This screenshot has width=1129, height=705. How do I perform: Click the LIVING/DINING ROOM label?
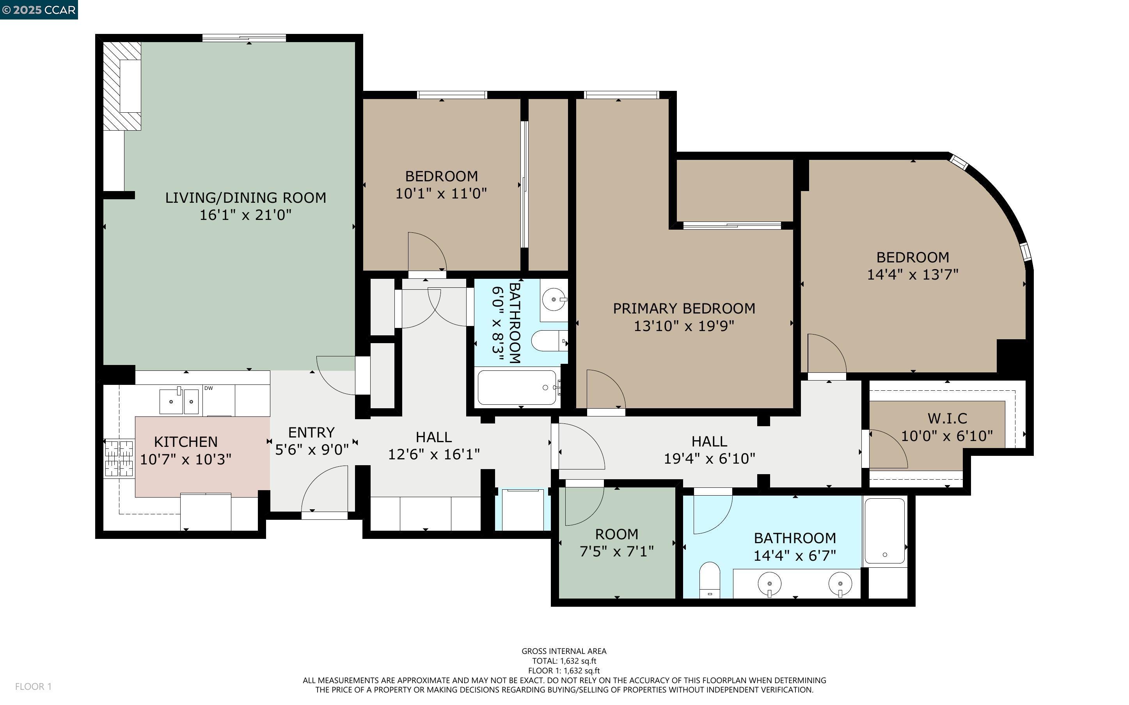pyautogui.click(x=245, y=198)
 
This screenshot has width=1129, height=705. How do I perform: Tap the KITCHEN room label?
pyautogui.click(x=186, y=441)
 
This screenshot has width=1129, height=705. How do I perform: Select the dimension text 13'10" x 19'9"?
pyautogui.click(x=683, y=326)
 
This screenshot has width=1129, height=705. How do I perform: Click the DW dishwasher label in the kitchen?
pyautogui.click(x=208, y=388)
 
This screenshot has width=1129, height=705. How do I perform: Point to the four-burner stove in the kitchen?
pyautogui.click(x=119, y=458)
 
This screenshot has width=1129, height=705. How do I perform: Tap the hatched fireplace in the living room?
pyautogui.click(x=121, y=86)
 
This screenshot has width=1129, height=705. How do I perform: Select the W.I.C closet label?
pyautogui.click(x=947, y=418)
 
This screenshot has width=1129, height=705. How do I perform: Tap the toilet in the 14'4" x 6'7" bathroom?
pyautogui.click(x=710, y=581)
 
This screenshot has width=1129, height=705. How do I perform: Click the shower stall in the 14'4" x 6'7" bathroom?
pyautogui.click(x=885, y=531)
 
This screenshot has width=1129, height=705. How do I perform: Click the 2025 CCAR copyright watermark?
pyautogui.click(x=39, y=10)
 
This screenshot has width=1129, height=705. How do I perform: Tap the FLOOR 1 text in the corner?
pyautogui.click(x=33, y=686)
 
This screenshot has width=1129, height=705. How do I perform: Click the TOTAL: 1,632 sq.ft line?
pyautogui.click(x=564, y=661)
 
